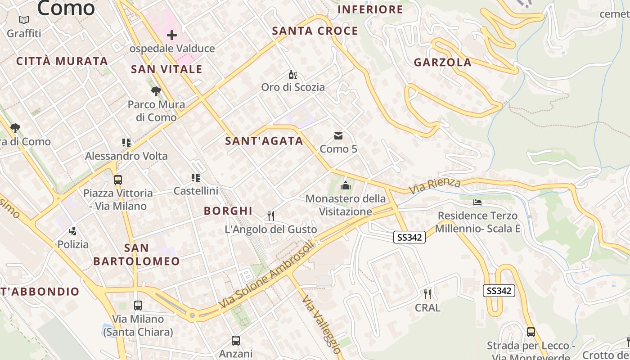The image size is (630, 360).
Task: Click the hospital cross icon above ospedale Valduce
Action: point(171,35)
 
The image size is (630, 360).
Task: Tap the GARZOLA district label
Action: point(442,63)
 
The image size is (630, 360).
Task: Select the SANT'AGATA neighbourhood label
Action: point(264,141)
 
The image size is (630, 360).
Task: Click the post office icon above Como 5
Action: point(338,136)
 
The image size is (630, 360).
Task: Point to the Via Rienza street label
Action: point(435,186)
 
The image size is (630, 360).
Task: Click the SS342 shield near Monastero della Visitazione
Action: point(409,237)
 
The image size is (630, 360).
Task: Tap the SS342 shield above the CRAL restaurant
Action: point(499,291)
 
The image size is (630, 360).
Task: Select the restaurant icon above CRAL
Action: point(427,294)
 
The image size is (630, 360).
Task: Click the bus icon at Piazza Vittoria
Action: point(118,180)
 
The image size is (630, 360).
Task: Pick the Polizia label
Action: point(73,244)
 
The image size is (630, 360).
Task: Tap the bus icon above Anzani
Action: point(236,341)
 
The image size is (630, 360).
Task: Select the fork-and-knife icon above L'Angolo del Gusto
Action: point(271,216)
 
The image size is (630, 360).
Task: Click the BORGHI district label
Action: point(228,211)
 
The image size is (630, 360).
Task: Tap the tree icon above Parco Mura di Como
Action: point(156,92)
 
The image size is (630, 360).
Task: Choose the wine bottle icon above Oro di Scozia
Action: point(292,74)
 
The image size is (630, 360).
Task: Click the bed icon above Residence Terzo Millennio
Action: point(477,202)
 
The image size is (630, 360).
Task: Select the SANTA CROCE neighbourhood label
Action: point(315,31)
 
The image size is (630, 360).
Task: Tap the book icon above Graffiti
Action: point(24,20)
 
